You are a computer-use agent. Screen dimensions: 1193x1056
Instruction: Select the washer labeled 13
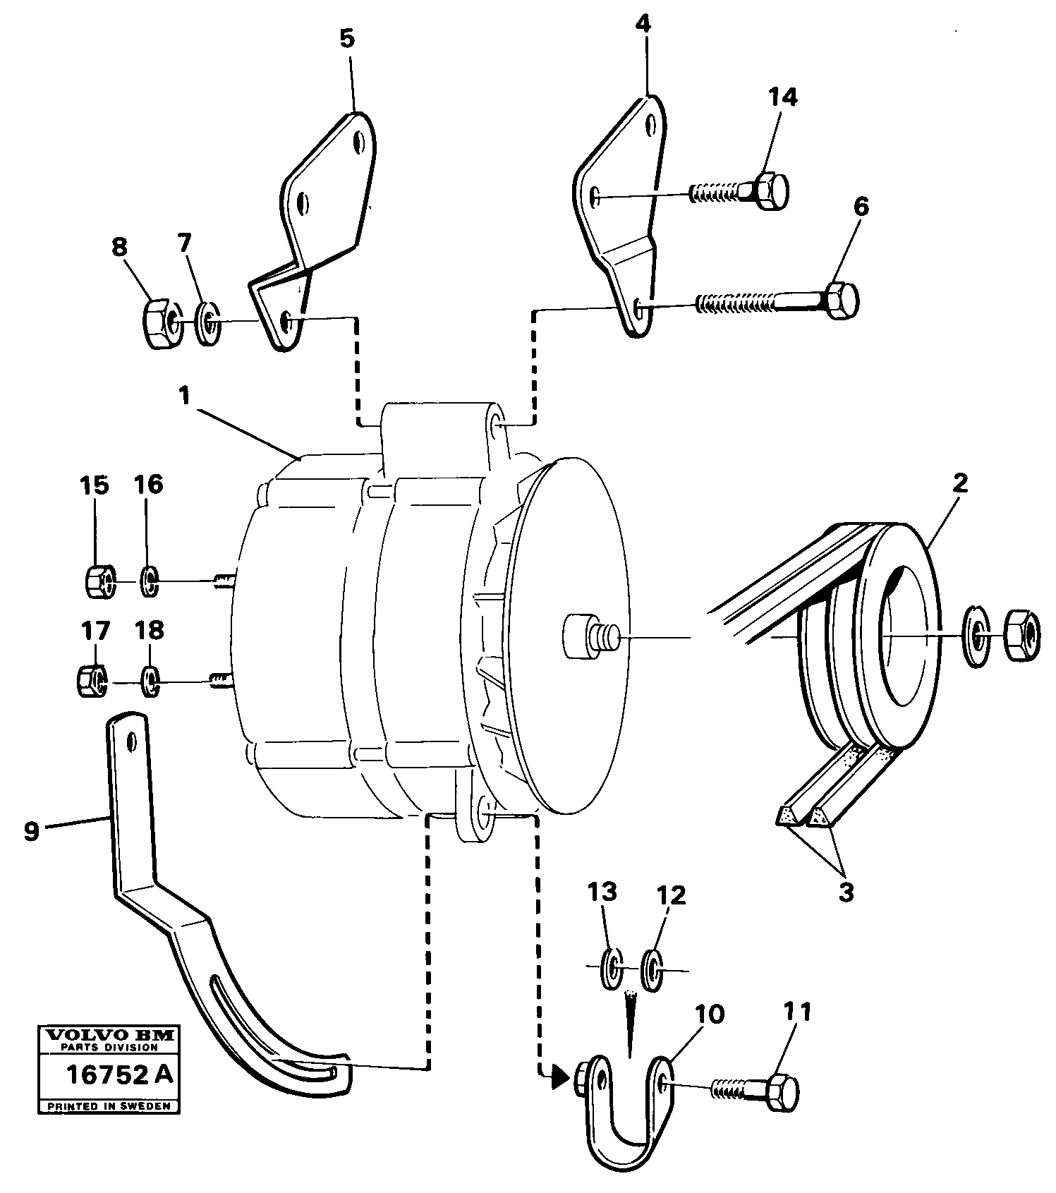(x=610, y=970)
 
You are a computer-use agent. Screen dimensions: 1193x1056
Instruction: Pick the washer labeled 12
(x=653, y=970)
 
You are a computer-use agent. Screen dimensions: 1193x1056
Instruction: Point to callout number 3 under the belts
(x=846, y=892)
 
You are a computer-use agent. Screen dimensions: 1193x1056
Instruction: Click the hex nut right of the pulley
(x=1021, y=636)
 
